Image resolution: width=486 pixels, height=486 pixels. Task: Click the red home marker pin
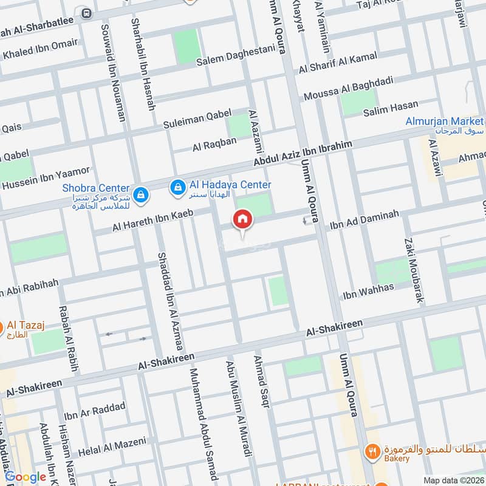[242, 219]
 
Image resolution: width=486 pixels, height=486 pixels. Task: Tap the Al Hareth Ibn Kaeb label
[152, 220]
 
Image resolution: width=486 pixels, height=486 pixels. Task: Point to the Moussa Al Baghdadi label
[349, 88]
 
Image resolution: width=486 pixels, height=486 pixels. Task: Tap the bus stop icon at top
[86, 12]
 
